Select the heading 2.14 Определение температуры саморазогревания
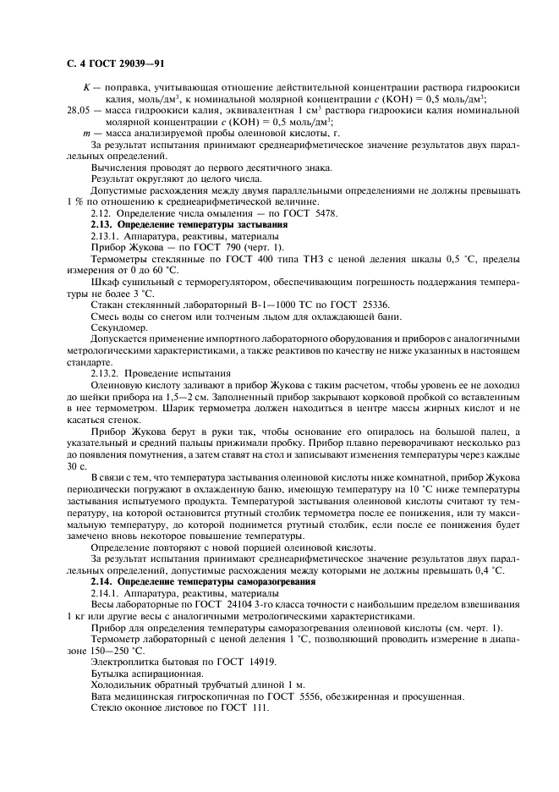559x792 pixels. click(203, 581)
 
